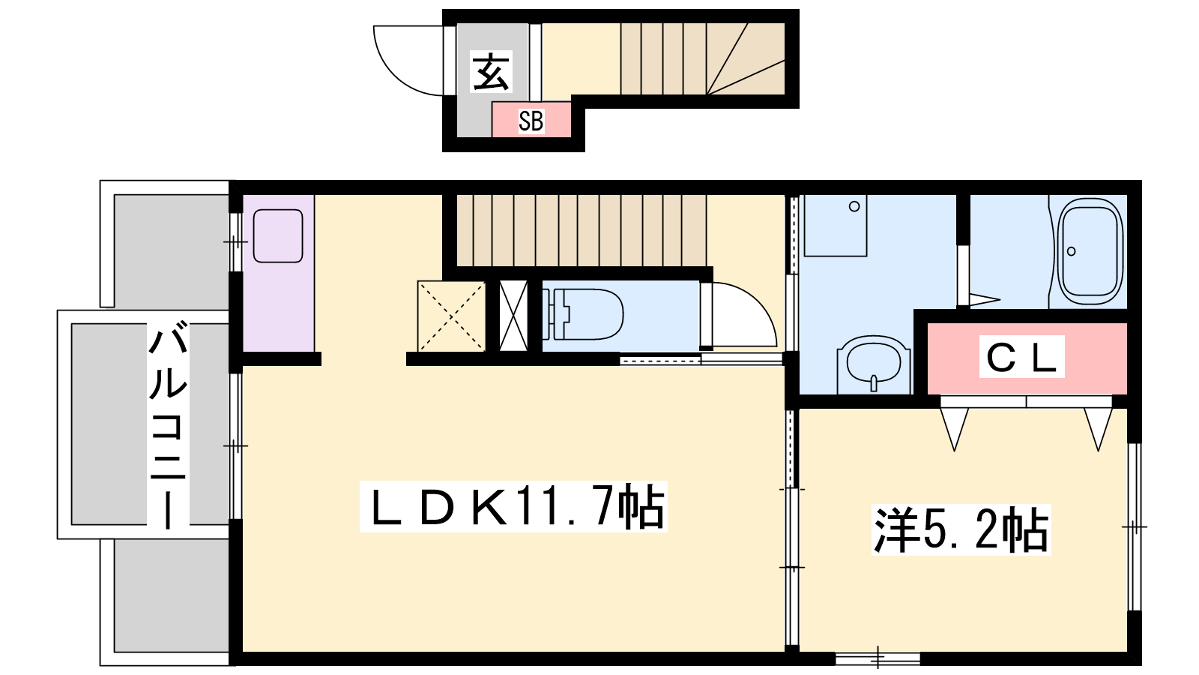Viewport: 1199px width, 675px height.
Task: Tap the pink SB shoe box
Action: click(531, 120)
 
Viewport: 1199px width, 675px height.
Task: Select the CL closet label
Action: click(1021, 357)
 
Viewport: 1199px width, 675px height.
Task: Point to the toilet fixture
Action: click(583, 314)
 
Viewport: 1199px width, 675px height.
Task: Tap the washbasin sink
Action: click(874, 365)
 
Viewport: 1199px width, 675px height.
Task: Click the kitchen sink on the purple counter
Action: click(278, 235)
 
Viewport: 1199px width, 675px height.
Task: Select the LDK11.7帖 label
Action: click(513, 507)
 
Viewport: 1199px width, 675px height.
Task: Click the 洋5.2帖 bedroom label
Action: click(961, 529)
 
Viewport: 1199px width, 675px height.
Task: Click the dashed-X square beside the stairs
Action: click(451, 316)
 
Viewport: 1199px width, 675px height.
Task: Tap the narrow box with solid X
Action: click(513, 316)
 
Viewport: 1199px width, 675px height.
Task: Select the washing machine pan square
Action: click(836, 226)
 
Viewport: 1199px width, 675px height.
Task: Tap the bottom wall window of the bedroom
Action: click(878, 658)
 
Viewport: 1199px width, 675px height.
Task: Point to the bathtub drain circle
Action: click(1071, 251)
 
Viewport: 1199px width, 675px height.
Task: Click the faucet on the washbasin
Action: click(874, 383)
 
